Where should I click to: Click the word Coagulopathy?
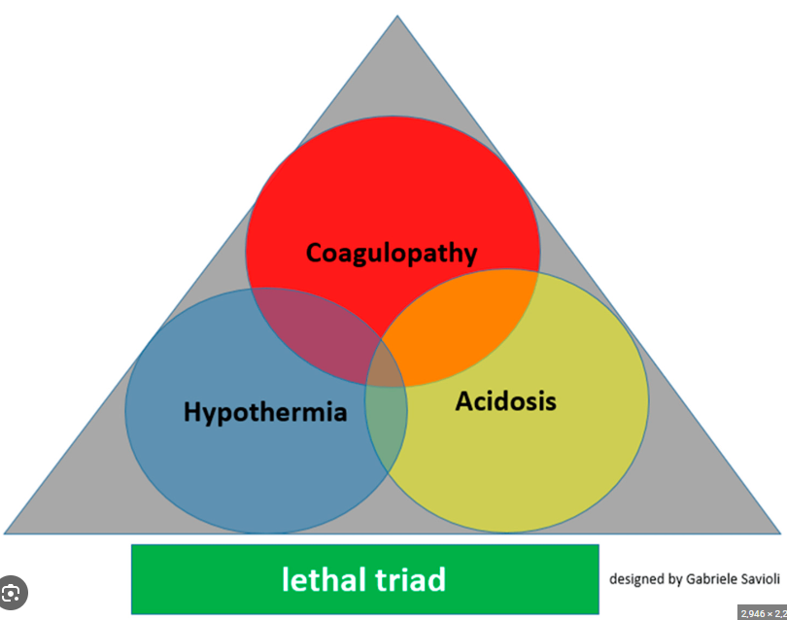tap(392, 254)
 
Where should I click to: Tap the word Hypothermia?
tap(265, 412)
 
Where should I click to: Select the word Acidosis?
tap(505, 400)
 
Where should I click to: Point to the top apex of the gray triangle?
tap(396, 18)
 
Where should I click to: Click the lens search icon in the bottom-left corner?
tap(12, 592)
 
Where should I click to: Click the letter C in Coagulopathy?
tap(316, 253)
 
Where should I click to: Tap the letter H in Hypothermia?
tap(192, 412)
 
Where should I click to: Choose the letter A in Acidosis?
tap(465, 399)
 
